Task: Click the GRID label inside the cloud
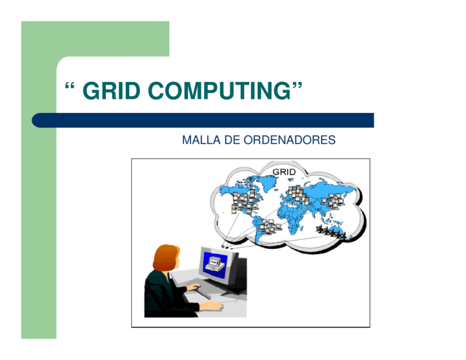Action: point(284,172)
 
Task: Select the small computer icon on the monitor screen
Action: point(213,263)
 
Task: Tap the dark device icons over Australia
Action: point(331,232)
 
